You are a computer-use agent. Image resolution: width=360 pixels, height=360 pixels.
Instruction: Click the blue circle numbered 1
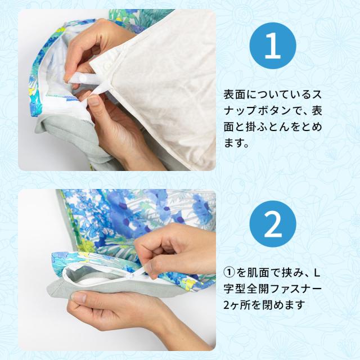point(273,46)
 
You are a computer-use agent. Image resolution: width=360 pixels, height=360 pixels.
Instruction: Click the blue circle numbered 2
point(273,224)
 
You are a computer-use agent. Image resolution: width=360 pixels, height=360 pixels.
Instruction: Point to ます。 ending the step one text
point(236,143)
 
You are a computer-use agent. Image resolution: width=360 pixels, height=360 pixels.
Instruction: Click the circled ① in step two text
point(229,273)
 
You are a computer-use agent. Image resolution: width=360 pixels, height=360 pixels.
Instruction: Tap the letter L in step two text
point(317,273)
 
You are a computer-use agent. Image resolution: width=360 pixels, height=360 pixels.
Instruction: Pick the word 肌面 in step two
point(258,273)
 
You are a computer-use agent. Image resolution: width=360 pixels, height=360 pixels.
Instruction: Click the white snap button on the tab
point(83,79)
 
